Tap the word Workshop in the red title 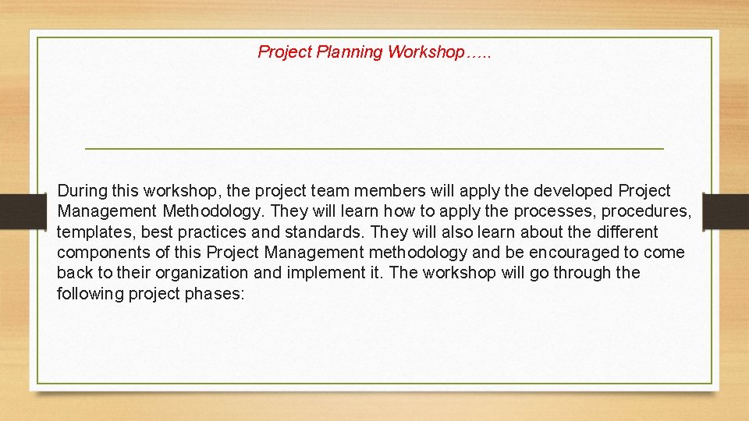tap(425, 52)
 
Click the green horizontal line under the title tap(374, 148)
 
